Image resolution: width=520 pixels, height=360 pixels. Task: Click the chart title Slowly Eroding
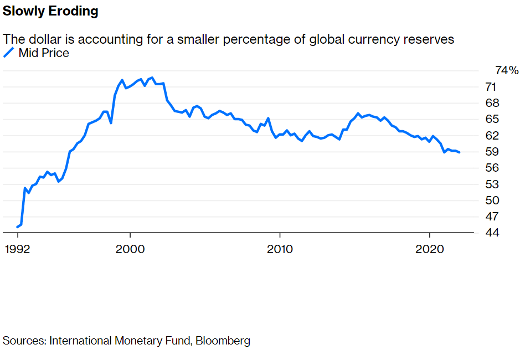[51, 12]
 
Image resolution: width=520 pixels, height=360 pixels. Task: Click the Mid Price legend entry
[43, 53]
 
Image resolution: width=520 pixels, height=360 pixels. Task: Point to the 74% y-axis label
[506, 71]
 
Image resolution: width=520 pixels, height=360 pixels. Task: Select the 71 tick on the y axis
[491, 87]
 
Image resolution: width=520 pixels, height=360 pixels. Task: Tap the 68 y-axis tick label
[491, 103]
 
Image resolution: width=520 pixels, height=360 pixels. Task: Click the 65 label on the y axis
[491, 119]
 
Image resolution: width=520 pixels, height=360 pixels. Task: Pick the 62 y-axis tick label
[491, 136]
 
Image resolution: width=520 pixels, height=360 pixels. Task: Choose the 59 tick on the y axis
[491, 152]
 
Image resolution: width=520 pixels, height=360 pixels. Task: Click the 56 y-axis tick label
[491, 168]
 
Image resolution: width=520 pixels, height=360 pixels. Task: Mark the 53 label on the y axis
[491, 184]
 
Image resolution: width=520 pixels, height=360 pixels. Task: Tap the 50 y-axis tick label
[491, 200]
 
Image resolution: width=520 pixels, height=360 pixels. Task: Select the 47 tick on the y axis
[491, 216]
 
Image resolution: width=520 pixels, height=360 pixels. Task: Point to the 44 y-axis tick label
[491, 233]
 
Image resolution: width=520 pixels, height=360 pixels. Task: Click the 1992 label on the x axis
[18, 249]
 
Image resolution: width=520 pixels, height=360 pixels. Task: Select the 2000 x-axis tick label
[130, 249]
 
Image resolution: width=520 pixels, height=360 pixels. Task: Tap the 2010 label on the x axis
[280, 249]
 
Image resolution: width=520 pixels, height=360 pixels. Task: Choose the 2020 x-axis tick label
[430, 249]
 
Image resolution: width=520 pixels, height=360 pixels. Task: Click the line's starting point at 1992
[18, 227]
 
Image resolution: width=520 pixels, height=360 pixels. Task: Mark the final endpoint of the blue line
[460, 152]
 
